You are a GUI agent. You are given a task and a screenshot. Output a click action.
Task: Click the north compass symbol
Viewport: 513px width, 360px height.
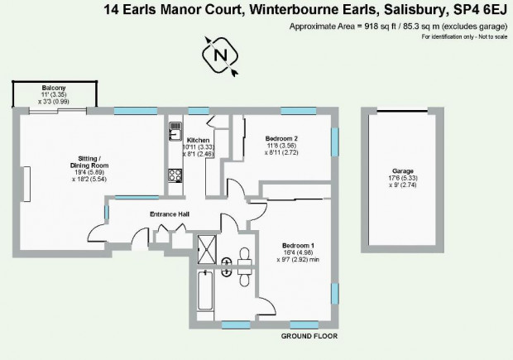pyautogui.click(x=220, y=55)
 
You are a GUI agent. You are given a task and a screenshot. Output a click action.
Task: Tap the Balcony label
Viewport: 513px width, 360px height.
pyautogui.click(x=54, y=88)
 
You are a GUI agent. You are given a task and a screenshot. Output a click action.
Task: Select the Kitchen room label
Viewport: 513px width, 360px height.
pyautogui.click(x=199, y=141)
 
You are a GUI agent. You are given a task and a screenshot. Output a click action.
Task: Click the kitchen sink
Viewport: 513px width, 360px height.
pyautogui.click(x=175, y=131)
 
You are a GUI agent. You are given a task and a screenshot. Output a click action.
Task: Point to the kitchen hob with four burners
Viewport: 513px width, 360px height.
pyautogui.click(x=175, y=175)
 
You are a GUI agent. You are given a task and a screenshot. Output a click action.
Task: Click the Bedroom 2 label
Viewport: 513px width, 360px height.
pyautogui.click(x=281, y=138)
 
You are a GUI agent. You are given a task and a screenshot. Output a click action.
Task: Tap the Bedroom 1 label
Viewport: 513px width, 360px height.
pyautogui.click(x=298, y=246)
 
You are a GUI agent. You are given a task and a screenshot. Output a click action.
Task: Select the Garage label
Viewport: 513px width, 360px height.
pyautogui.click(x=403, y=170)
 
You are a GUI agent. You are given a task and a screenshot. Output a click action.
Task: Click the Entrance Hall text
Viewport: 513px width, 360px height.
pyautogui.click(x=170, y=214)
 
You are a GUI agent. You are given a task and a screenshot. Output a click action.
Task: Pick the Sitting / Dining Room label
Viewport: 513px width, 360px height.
pyautogui.click(x=89, y=162)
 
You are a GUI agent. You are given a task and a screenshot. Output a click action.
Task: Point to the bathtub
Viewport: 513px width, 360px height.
pyautogui.click(x=205, y=290)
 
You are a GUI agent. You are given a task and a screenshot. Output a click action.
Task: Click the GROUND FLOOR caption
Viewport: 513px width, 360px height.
pyautogui.click(x=309, y=336)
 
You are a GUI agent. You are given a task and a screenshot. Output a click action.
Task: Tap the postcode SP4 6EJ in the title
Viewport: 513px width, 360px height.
pyautogui.click(x=480, y=10)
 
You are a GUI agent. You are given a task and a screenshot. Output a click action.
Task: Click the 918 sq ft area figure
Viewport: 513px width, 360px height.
pyautogui.click(x=380, y=26)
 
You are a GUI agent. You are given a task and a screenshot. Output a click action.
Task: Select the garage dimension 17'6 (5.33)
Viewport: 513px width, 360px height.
pyautogui.click(x=403, y=178)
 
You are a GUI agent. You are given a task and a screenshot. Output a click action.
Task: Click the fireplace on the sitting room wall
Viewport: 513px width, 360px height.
pyautogui.click(x=26, y=184)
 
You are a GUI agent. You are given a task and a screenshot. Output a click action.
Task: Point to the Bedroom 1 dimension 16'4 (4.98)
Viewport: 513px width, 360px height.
pyautogui.click(x=298, y=252)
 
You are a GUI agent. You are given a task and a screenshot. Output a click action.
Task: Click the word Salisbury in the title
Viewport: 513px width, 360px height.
pyautogui.click(x=415, y=10)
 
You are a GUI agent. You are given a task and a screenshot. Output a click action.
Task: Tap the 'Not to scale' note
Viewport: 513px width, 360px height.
pyautogui.click(x=492, y=36)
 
